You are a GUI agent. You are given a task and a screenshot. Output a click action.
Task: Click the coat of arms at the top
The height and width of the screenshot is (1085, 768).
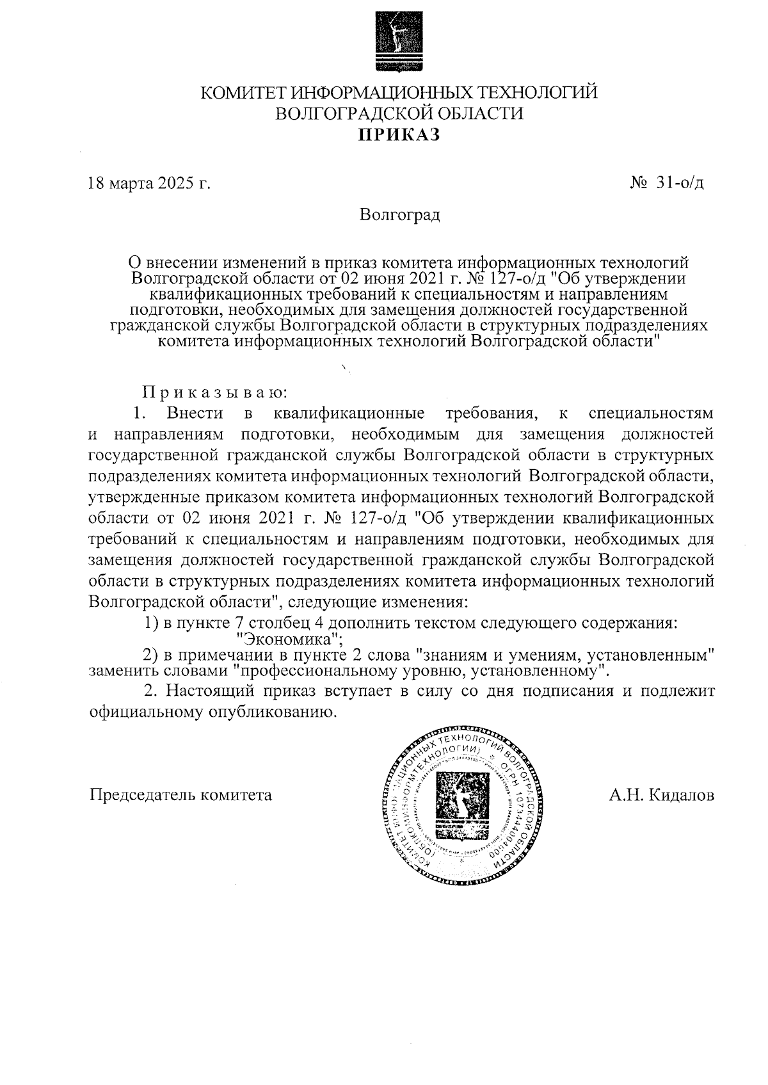click(399, 41)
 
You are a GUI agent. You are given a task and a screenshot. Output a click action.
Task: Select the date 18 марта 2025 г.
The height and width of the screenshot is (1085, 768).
click(149, 184)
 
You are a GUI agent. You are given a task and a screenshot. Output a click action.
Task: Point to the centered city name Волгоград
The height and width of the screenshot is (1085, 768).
click(399, 214)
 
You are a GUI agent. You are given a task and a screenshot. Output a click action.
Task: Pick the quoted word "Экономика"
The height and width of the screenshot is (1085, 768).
click(289, 639)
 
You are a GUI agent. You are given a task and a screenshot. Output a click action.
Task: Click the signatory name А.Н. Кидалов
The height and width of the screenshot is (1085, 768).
click(662, 795)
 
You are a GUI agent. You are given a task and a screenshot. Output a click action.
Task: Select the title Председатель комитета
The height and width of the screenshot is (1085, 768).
click(180, 795)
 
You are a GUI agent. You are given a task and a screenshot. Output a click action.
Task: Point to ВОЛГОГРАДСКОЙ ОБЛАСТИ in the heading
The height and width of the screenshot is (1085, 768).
click(399, 114)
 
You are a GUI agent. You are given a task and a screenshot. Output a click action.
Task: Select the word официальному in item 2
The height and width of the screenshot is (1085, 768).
click(143, 712)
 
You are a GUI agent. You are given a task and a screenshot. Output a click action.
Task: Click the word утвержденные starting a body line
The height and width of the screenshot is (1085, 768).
click(143, 497)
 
